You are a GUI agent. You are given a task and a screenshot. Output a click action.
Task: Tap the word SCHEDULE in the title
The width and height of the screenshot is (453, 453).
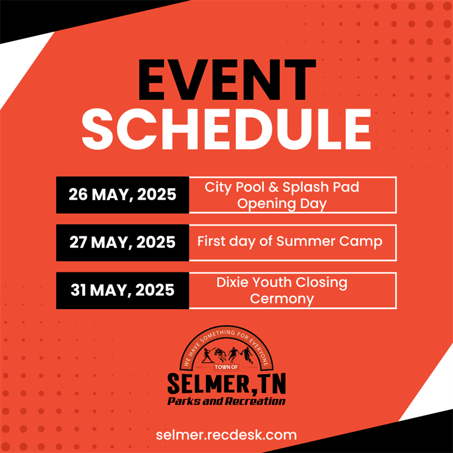(x=226, y=129)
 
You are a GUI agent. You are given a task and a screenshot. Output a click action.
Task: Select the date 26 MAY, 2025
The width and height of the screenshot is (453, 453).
(x=123, y=195)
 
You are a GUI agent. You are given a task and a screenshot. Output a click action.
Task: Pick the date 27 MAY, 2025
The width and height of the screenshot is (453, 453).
(x=123, y=242)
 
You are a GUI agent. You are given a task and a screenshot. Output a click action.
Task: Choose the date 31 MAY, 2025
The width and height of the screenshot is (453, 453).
(x=123, y=290)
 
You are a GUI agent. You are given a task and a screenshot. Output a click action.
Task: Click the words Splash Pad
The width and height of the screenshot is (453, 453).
(x=321, y=188)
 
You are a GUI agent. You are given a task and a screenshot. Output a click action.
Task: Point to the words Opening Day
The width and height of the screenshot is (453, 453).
(x=282, y=204)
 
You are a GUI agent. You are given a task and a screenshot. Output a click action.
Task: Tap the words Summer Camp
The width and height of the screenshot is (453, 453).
(x=329, y=242)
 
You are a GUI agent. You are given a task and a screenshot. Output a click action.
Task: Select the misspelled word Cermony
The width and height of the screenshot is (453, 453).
(x=282, y=298)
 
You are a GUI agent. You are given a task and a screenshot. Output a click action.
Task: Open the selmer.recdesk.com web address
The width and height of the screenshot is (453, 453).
(x=226, y=435)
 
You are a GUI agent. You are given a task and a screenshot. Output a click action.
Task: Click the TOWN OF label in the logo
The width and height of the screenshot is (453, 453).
(x=226, y=367)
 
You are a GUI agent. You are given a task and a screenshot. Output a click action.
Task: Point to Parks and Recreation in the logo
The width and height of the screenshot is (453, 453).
(x=226, y=401)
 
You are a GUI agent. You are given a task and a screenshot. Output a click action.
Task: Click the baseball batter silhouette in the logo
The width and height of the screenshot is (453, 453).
(x=207, y=355)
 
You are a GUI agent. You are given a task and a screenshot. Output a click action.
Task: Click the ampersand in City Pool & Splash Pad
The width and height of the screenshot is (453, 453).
(x=273, y=187)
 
